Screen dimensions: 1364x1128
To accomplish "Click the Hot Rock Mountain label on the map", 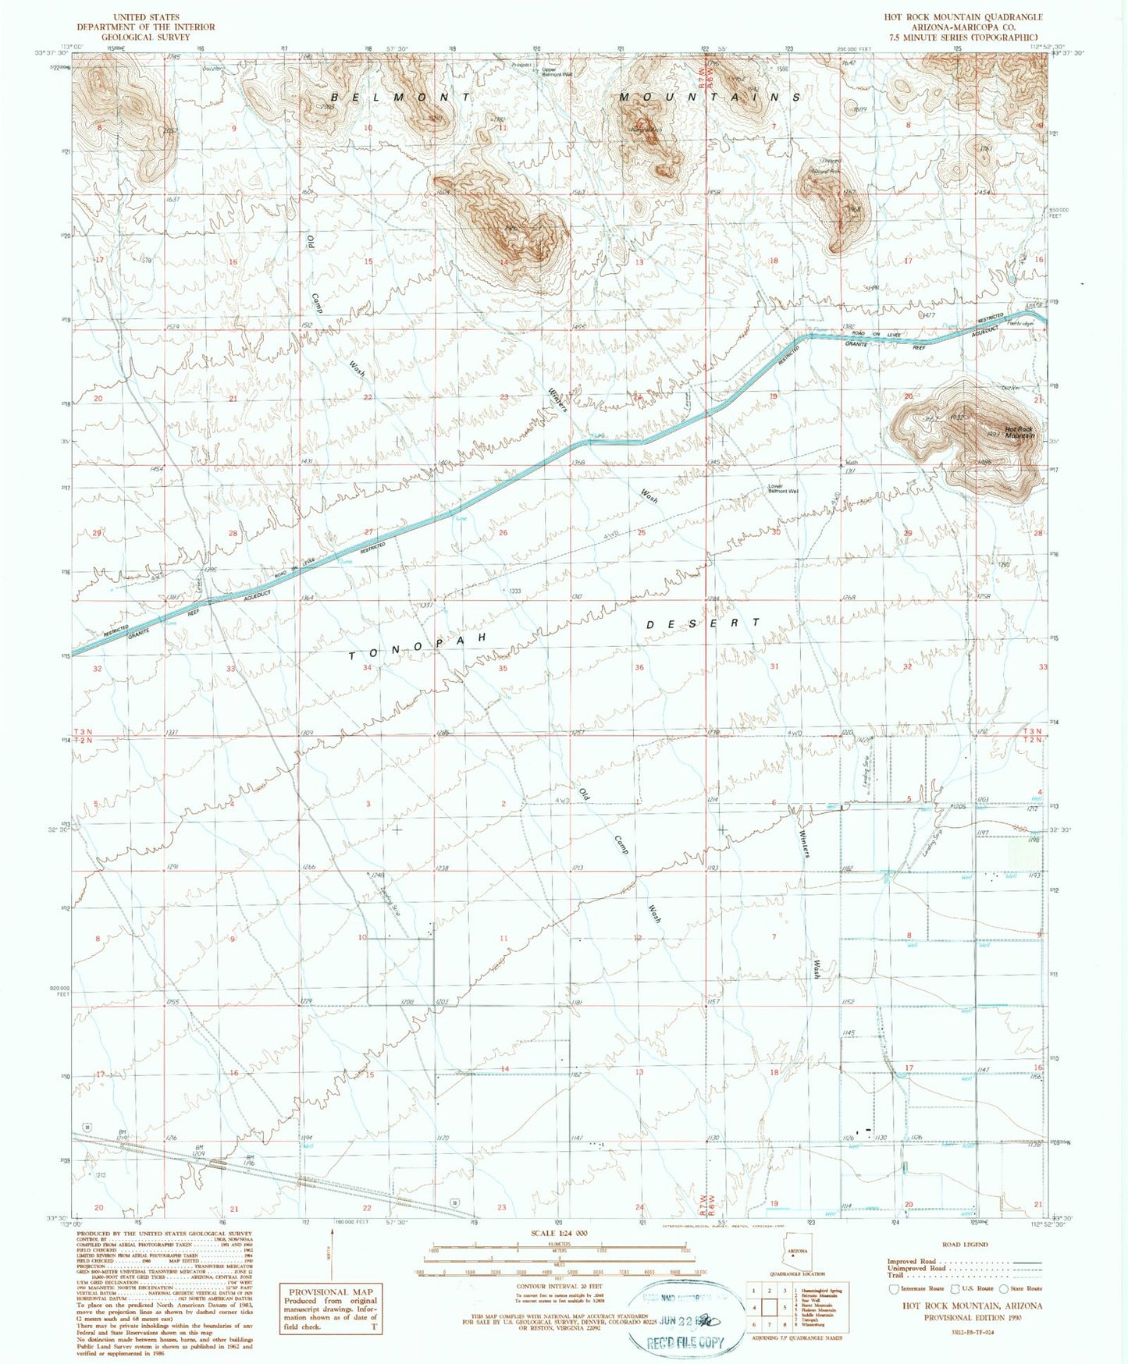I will point(1019,432).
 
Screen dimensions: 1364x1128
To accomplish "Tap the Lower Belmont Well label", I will point(783,489).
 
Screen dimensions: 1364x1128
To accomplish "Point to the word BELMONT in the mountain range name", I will point(401,97).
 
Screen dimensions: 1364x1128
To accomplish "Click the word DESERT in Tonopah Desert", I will point(703,623).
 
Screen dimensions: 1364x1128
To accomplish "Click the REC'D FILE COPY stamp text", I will point(685,1344).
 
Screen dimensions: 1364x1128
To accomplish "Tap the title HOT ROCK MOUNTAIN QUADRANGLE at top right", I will point(963,17).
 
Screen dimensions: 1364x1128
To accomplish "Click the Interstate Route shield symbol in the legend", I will point(895,1288).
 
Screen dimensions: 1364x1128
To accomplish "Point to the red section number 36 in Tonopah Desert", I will point(639,667).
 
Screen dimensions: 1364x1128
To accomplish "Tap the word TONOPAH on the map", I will point(418,647).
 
